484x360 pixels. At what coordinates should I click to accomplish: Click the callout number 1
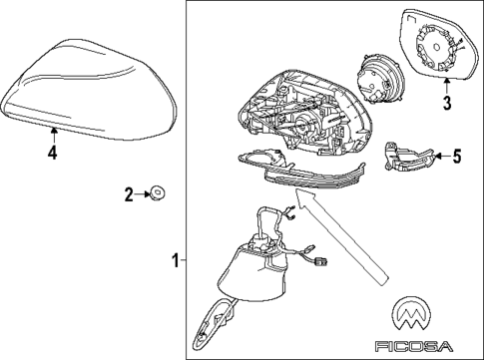[x=176, y=262]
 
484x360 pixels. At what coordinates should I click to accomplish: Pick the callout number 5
[x=456, y=156]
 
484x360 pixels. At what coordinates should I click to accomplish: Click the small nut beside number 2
[x=158, y=192]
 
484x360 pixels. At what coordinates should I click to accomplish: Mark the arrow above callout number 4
[x=54, y=134]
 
